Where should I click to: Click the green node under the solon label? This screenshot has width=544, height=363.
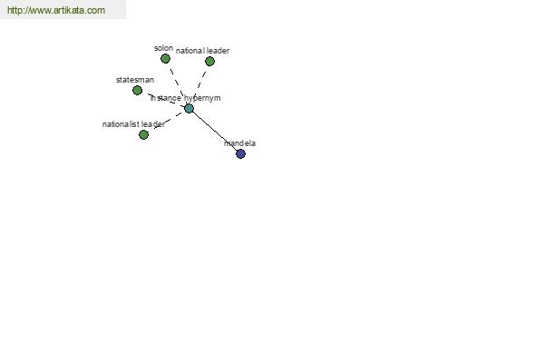click(166, 59)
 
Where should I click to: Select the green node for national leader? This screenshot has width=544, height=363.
click(209, 62)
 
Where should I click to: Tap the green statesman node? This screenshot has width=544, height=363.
click(138, 91)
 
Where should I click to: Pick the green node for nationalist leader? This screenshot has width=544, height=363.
click(143, 135)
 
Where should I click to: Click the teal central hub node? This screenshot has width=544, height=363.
click(189, 108)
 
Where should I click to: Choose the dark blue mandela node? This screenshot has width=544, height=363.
click(240, 153)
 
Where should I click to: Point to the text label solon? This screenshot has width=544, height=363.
click(164, 48)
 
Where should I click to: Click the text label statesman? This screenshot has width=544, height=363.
click(135, 80)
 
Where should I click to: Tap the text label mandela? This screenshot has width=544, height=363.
click(239, 143)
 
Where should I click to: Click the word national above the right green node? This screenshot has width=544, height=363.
click(190, 51)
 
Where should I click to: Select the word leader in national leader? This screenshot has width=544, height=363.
click(219, 51)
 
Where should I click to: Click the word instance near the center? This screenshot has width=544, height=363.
click(166, 98)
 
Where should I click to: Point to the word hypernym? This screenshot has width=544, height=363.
click(202, 98)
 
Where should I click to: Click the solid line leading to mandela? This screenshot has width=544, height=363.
click(214, 131)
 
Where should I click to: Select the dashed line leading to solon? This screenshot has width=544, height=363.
click(179, 85)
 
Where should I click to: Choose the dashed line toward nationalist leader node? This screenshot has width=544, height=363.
click(168, 120)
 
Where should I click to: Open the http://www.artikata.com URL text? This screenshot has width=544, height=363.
click(56, 10)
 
